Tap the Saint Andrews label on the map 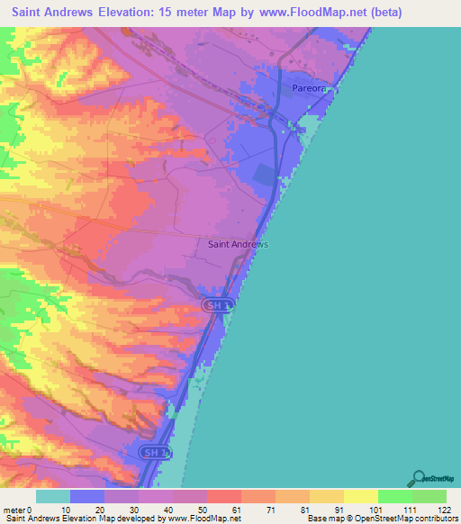click(x=239, y=244)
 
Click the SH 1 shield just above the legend click(x=155, y=451)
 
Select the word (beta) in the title click(x=357, y=13)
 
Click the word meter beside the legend click(x=14, y=509)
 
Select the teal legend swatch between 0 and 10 click(x=53, y=496)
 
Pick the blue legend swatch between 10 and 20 click(x=87, y=496)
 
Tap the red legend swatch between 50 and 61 click(x=223, y=496)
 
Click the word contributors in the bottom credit click(x=436, y=519)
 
